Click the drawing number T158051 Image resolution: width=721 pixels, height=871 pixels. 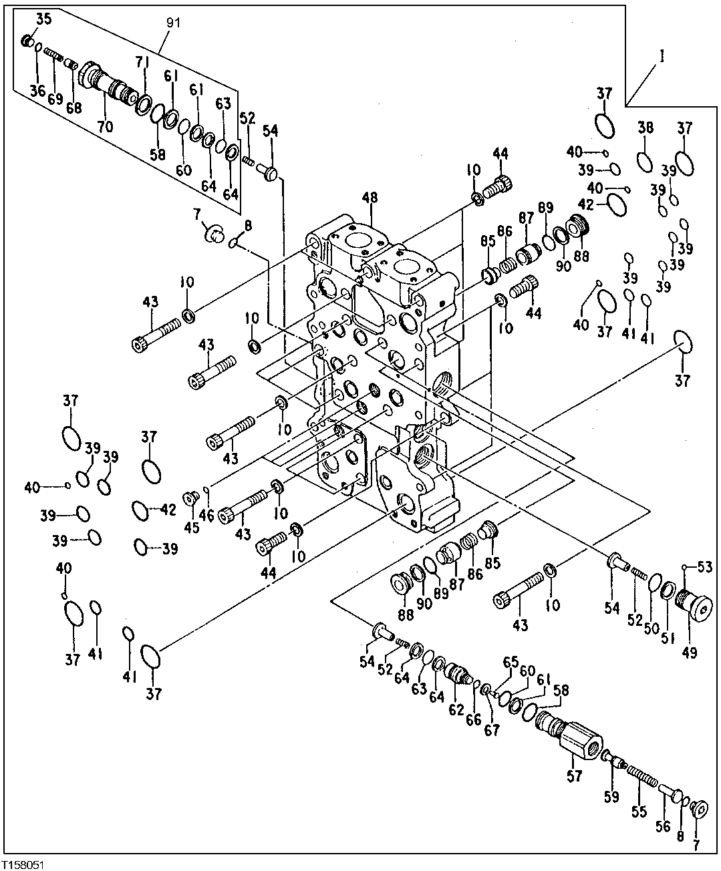(x=25, y=862)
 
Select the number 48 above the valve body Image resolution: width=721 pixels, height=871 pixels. (x=370, y=198)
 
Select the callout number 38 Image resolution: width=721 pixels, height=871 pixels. (x=645, y=128)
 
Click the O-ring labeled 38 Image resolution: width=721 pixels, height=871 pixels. (x=645, y=162)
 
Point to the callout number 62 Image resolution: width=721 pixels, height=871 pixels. (x=456, y=709)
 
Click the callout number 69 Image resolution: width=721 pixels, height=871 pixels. (x=55, y=99)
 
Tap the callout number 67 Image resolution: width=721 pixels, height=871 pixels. (x=492, y=731)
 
